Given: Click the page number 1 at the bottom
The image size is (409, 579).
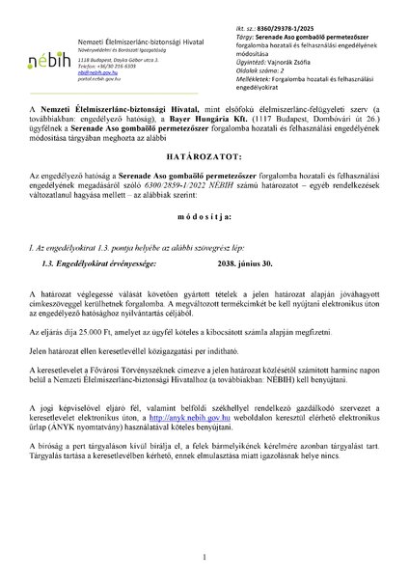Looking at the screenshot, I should click(204, 556).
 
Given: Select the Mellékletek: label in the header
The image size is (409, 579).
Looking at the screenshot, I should click(254, 78).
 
